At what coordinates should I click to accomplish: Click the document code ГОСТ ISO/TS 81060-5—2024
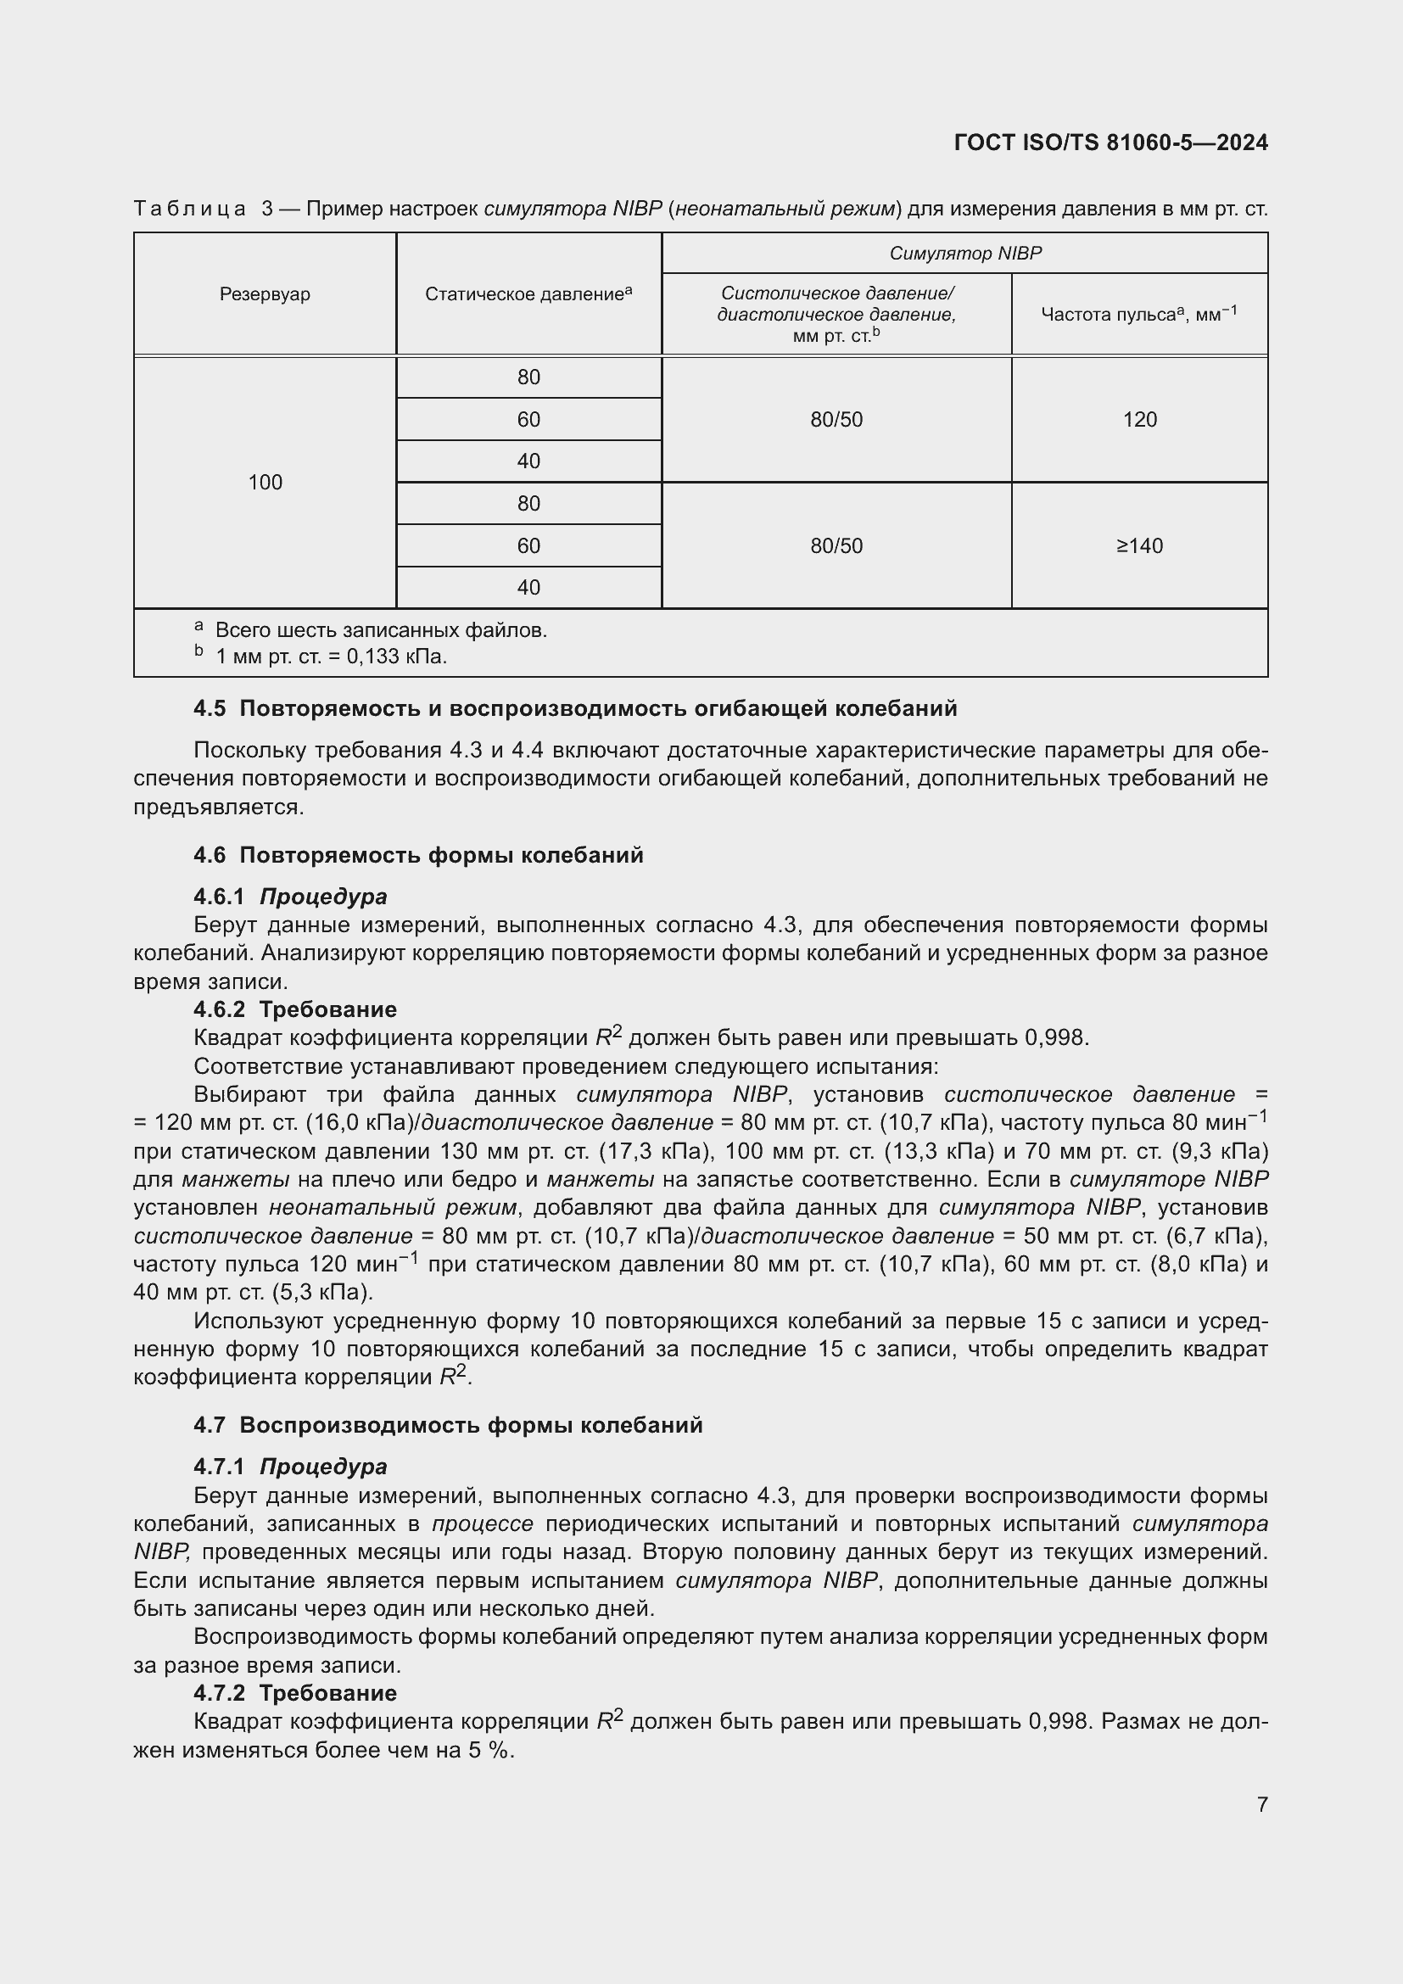tap(1111, 143)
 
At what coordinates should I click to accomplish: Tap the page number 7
tap(1262, 1804)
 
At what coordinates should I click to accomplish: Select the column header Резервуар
tap(265, 293)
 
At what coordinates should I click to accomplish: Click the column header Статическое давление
tap(528, 293)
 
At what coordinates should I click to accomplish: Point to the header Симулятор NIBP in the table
tap(965, 253)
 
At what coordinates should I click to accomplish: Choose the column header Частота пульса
tap(1138, 315)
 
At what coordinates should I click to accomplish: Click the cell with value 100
tap(265, 482)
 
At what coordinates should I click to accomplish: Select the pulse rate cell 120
tap(1139, 420)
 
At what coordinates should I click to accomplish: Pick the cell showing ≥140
tap(1139, 546)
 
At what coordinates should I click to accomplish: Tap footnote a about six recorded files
tap(380, 630)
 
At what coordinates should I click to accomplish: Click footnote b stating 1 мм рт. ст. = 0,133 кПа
tap(330, 657)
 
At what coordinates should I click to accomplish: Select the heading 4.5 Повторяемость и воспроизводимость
tap(574, 708)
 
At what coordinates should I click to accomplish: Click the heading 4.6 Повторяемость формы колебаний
tap(418, 856)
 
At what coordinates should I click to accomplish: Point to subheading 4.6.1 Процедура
tap(290, 896)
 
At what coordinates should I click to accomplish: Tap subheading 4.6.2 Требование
tap(294, 1009)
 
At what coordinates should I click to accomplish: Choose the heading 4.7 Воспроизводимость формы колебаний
tap(448, 1425)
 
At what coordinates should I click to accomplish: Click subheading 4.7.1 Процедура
tap(290, 1467)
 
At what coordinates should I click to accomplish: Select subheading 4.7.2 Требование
tap(294, 1693)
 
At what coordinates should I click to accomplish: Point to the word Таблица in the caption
tap(189, 210)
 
